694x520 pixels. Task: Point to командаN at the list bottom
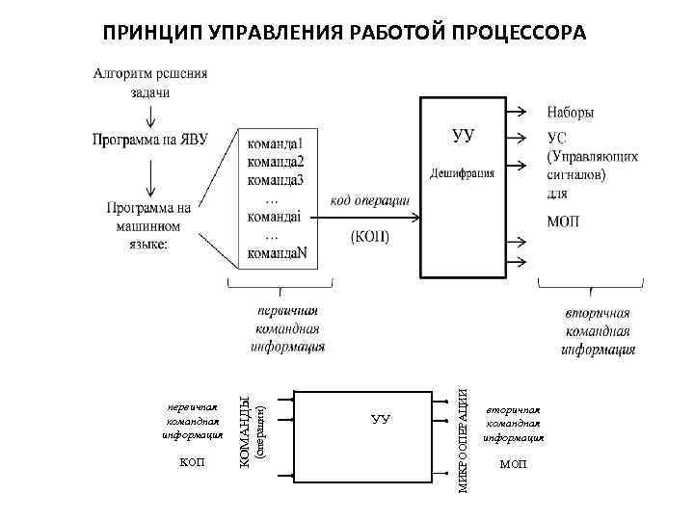click(x=278, y=253)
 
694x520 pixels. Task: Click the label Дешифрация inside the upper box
click(x=463, y=174)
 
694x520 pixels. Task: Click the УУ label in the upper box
click(x=464, y=135)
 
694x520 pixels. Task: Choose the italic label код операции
click(x=370, y=199)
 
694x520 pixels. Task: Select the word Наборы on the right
click(x=571, y=112)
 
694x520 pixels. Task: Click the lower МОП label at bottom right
click(x=514, y=464)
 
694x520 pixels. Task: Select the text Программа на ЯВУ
click(x=150, y=141)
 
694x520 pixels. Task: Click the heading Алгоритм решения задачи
click(x=150, y=83)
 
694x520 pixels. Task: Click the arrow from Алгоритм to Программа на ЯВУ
click(x=150, y=115)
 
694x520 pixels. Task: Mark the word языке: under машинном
click(x=144, y=245)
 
